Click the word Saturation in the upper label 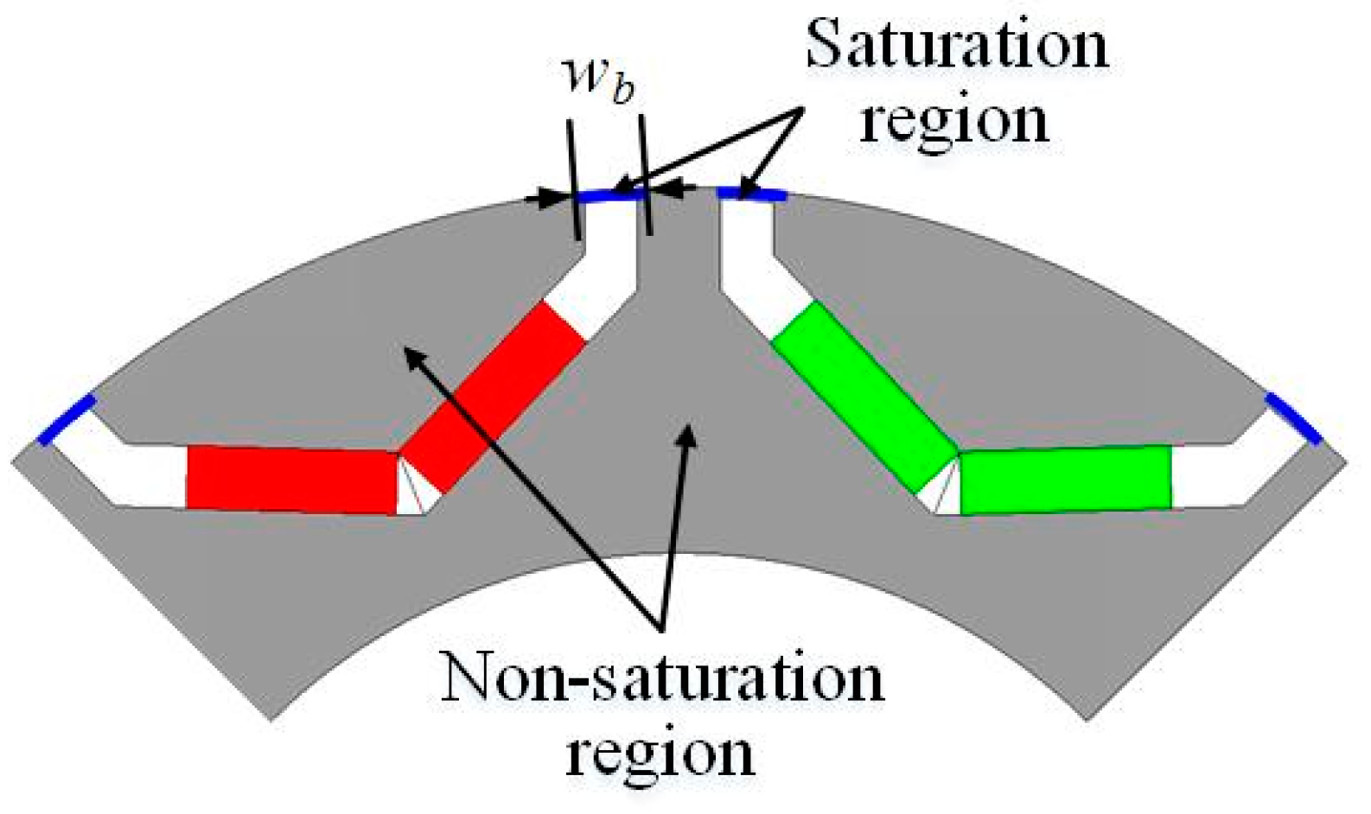[956, 45]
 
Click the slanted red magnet [494, 398]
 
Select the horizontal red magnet [291, 479]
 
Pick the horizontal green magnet [1065, 479]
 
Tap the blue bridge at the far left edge [66, 419]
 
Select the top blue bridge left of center [610, 196]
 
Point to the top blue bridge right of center [751, 194]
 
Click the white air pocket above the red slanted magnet [605, 277]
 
